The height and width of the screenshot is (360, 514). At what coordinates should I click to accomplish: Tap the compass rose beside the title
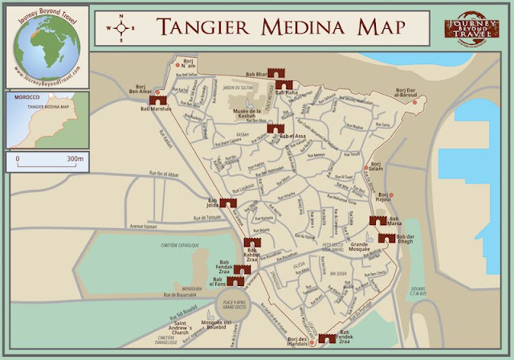pyautogui.click(x=121, y=26)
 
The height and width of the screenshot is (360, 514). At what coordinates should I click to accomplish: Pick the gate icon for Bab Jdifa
pyautogui.click(x=228, y=202)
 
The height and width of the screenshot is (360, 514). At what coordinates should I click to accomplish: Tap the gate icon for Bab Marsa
pyautogui.click(x=376, y=220)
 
